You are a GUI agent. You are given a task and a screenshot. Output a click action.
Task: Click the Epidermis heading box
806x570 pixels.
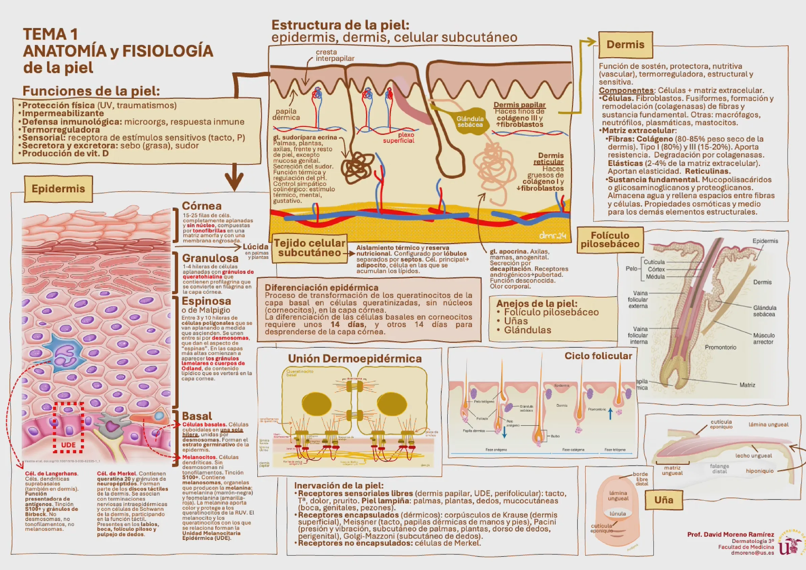(x=58, y=189)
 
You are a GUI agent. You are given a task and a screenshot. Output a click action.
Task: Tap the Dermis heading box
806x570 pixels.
(x=625, y=45)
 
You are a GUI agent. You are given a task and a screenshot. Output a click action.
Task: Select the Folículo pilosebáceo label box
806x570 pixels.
(x=610, y=240)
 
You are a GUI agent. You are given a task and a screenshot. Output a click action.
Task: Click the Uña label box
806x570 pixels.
(x=663, y=500)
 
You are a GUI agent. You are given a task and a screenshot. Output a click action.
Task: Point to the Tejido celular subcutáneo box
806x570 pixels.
(x=310, y=248)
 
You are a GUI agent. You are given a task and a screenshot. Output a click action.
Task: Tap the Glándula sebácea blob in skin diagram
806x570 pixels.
(x=470, y=121)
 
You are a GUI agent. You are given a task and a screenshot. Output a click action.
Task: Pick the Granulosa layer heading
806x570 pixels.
(x=210, y=258)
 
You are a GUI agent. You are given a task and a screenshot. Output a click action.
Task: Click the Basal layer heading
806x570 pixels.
(x=197, y=416)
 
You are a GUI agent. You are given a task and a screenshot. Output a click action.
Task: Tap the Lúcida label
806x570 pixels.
(x=255, y=247)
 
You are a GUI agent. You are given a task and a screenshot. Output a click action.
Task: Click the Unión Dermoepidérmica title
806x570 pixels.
(x=355, y=359)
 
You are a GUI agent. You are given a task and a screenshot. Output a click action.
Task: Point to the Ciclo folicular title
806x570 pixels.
(x=598, y=356)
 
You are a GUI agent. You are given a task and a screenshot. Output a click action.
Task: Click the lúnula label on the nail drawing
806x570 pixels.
(x=618, y=513)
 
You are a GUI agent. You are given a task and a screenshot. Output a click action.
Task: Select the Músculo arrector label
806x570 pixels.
(x=764, y=339)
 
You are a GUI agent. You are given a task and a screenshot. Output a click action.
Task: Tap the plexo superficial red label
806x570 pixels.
(x=399, y=137)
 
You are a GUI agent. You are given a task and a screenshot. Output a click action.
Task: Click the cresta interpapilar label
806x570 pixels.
(x=335, y=56)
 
